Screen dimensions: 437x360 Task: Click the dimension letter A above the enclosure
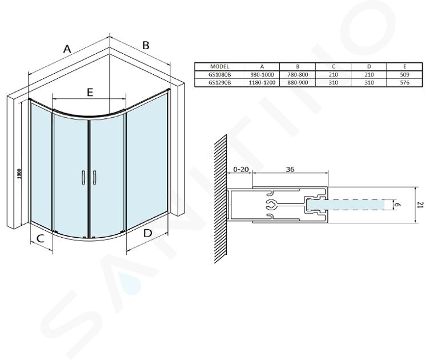point(67,49)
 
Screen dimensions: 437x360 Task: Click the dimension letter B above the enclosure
point(146,45)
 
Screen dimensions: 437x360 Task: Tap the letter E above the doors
point(90,92)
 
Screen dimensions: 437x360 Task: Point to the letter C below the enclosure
point(41,238)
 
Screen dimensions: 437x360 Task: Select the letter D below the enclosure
point(147,233)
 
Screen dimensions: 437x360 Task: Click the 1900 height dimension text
point(19,174)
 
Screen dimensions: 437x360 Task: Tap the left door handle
point(83,177)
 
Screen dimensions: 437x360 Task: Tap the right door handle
point(94,177)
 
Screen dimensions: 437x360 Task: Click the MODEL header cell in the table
point(219,67)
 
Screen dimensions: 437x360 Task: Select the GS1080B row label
point(219,75)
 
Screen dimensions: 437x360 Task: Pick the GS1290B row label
point(219,82)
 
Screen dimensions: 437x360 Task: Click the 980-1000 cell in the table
point(262,75)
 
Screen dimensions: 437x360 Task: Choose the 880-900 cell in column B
point(298,82)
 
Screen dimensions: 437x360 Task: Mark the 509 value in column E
point(404,75)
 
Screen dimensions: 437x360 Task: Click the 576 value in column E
point(404,82)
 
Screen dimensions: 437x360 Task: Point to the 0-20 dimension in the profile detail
point(241,169)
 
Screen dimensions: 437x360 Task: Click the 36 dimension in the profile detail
point(290,169)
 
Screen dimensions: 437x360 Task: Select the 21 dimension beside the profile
point(421,205)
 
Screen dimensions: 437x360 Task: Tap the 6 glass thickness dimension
point(398,205)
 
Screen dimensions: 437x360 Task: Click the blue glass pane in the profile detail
point(346,205)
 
